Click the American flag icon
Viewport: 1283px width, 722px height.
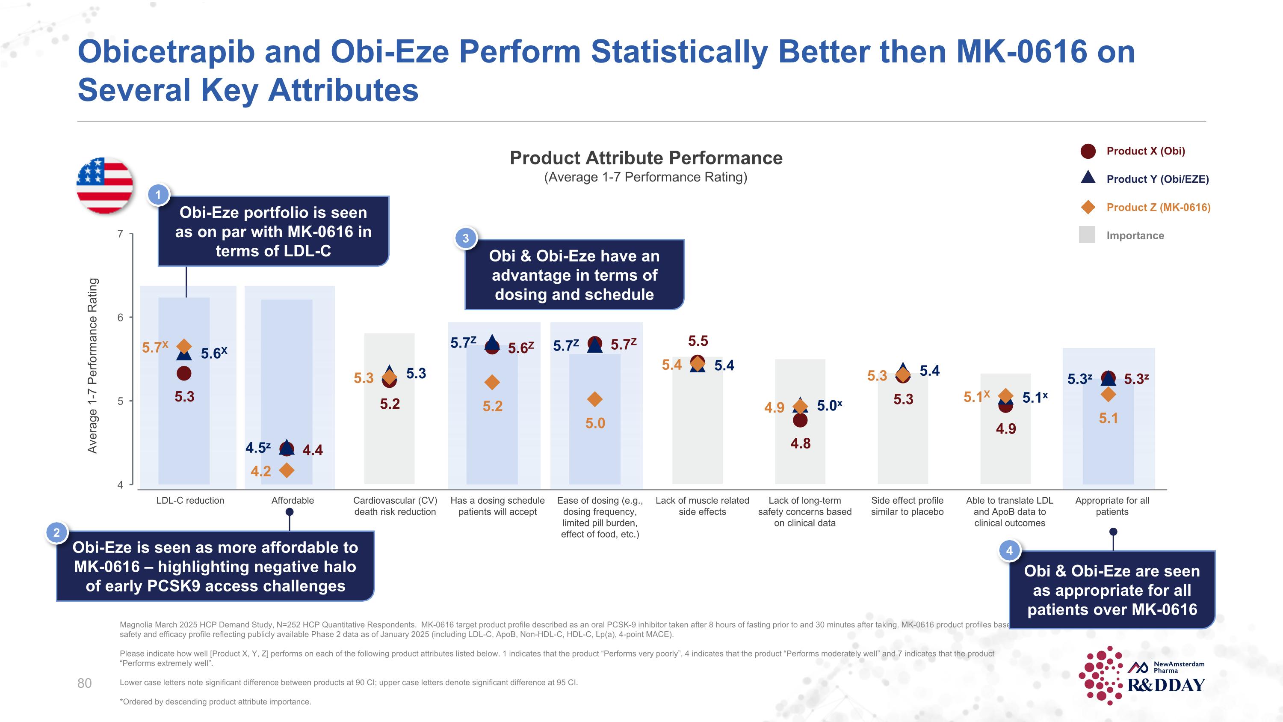105,185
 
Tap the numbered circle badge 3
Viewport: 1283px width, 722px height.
466,238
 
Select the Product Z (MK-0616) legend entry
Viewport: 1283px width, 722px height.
1158,207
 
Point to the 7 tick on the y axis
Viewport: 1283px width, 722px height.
120,234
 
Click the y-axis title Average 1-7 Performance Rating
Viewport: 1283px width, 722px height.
93,365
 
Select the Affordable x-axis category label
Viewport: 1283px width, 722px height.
293,500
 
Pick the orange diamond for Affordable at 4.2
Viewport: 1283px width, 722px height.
287,470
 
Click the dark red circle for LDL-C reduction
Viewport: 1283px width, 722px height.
184,373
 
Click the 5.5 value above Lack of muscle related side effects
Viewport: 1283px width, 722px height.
698,341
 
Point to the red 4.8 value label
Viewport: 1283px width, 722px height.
801,443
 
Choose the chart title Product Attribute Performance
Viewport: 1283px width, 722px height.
646,158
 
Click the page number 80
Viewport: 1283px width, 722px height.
85,683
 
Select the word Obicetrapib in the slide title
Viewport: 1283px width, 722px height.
166,51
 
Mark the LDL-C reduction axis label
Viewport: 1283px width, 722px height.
190,500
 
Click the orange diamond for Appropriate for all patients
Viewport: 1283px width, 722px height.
1108,395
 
